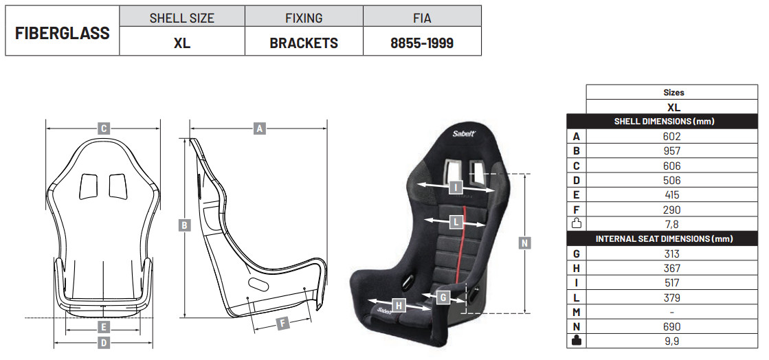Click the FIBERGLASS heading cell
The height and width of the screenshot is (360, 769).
pos(63,33)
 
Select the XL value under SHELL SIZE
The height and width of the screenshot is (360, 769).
pos(182,43)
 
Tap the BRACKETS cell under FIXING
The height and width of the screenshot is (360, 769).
pos(304,43)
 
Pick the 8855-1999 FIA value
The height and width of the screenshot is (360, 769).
pos(422,43)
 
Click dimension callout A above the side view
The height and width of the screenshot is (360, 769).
pos(260,129)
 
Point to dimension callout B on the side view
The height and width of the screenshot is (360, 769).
pos(184,225)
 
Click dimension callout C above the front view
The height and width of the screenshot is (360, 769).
pos(103,128)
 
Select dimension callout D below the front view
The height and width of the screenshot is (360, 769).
pos(104,343)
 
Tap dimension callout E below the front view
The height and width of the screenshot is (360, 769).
pos(103,326)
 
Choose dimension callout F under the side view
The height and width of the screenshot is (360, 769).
pos(282,323)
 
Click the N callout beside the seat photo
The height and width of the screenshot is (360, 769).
pos(525,243)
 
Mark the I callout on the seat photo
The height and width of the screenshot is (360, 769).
pos(456,187)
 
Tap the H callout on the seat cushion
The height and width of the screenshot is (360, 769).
pos(399,306)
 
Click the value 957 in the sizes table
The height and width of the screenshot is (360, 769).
pos(671,151)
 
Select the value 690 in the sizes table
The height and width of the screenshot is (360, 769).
pos(671,326)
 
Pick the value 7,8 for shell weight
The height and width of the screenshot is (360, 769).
pos(671,224)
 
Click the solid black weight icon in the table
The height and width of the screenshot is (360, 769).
pos(577,340)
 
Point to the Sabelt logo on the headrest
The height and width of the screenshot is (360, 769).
pos(463,133)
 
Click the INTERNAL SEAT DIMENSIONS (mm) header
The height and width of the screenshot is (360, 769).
pos(664,239)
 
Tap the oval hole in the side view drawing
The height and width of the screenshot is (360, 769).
pos(257,283)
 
